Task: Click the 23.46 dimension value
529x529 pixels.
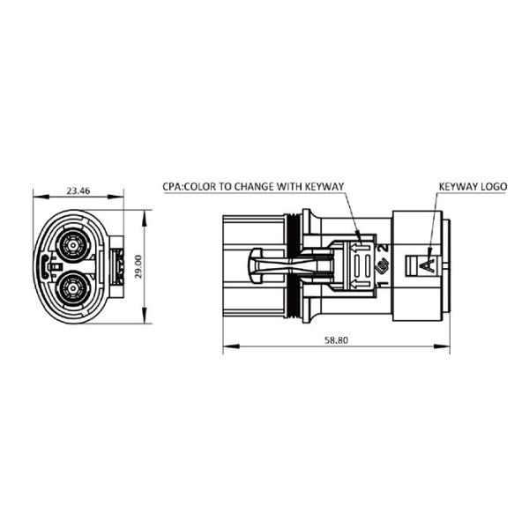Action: (x=78, y=190)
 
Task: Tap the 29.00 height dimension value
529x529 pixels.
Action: (x=138, y=266)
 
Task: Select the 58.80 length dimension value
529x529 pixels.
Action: (x=336, y=340)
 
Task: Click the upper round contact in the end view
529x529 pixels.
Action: (x=72, y=245)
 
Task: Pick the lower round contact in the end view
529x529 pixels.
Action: (x=72, y=288)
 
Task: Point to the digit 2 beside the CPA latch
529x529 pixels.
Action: (x=384, y=248)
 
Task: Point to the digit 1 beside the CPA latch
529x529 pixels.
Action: (x=384, y=283)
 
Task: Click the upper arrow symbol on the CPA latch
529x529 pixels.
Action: (x=361, y=249)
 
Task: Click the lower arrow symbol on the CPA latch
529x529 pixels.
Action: (x=361, y=284)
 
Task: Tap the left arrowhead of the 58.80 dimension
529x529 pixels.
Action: (x=231, y=346)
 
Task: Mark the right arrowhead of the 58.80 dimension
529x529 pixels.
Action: (x=442, y=346)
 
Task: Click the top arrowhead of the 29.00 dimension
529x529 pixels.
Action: (x=145, y=218)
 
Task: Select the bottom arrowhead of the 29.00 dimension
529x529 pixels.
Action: (x=145, y=315)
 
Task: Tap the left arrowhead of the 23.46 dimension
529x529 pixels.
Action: (x=41, y=197)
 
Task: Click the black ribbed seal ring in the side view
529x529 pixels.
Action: (x=293, y=266)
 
